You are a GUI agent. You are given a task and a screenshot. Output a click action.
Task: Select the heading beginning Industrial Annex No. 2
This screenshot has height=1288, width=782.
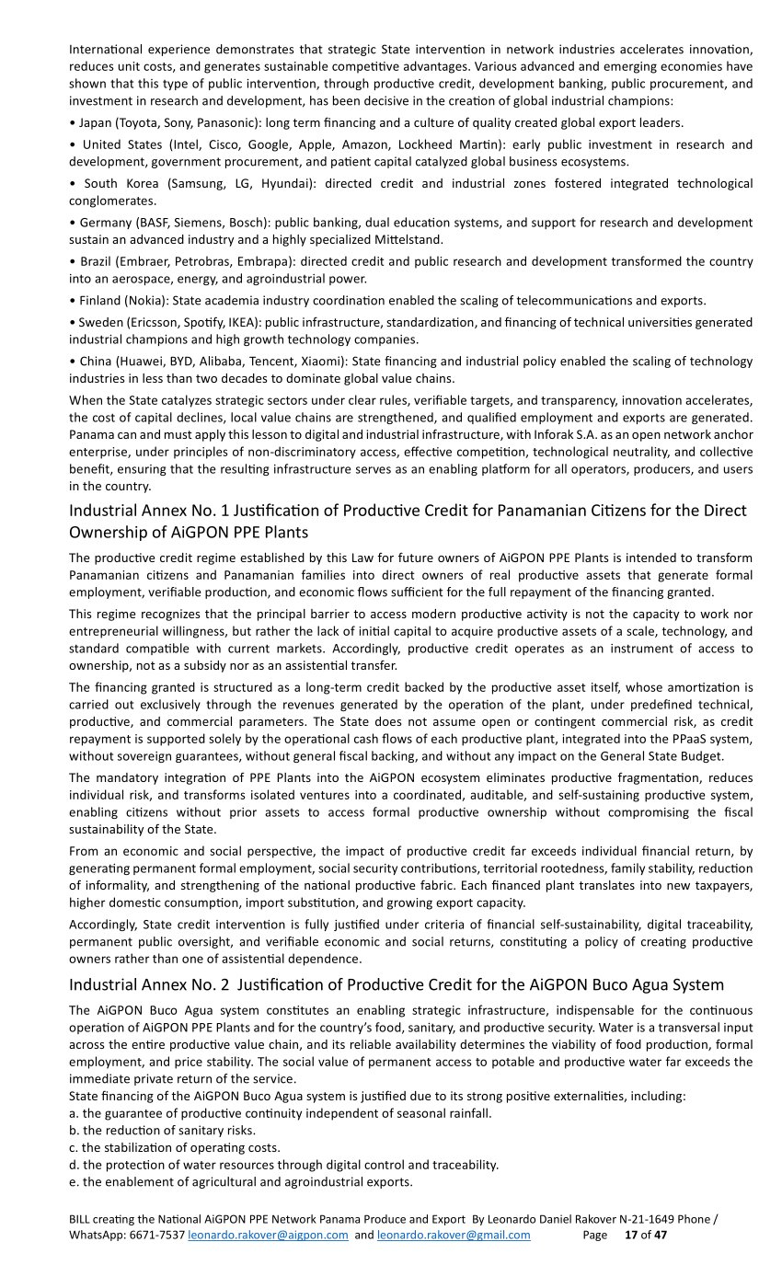pos(396,984)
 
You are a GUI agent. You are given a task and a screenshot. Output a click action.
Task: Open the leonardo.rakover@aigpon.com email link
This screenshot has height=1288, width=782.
pos(268,1236)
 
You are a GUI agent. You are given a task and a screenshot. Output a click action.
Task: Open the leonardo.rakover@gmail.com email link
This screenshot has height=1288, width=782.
pos(454,1236)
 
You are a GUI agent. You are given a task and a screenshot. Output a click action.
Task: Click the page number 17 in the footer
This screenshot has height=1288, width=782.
pos(630,1236)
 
